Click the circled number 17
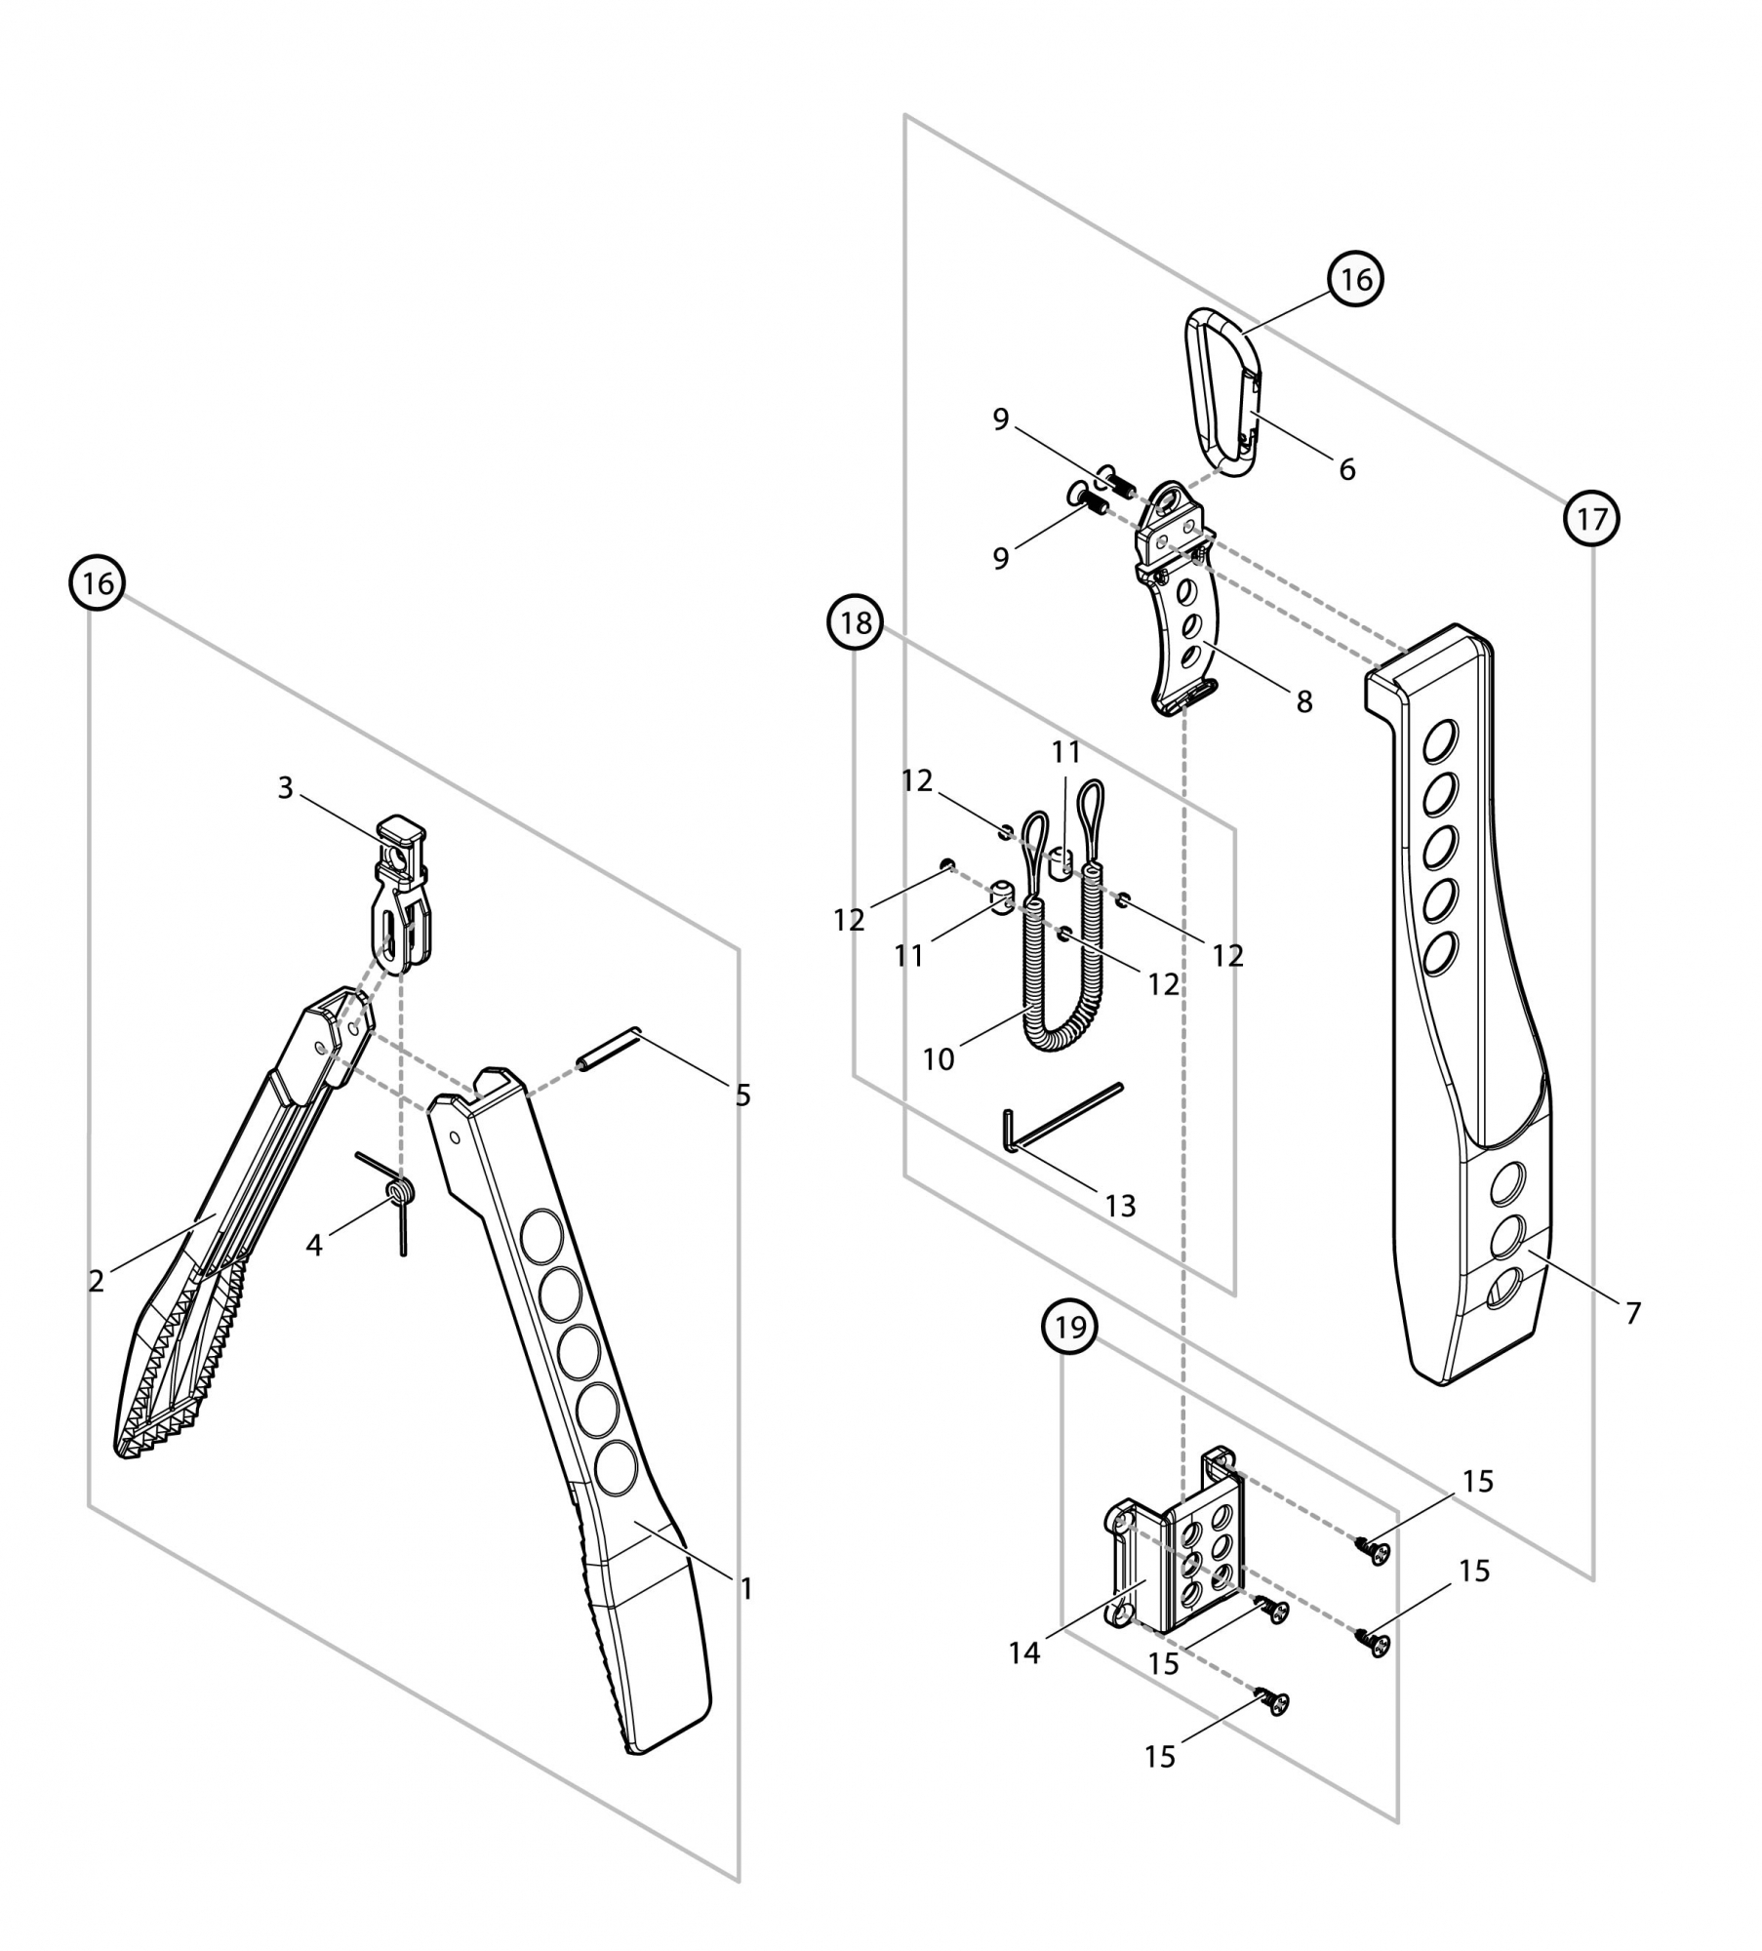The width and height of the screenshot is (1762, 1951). point(1591,519)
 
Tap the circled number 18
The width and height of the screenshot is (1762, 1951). point(855,622)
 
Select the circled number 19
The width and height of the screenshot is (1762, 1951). point(1070,1327)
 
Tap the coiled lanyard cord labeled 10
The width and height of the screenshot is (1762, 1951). point(1056,985)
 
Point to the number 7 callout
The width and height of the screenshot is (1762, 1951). point(1633,1313)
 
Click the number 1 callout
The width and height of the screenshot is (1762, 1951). point(746,1589)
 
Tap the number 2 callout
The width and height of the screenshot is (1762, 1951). point(96,1281)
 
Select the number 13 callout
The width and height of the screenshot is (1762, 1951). point(1121,1207)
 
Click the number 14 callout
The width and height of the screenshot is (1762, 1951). point(1024,1653)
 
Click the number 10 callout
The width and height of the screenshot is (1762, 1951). point(939,1059)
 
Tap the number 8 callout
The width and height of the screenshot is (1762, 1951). point(1304,701)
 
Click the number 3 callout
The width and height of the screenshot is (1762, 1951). point(285,788)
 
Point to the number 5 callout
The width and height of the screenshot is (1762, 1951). point(743,1095)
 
